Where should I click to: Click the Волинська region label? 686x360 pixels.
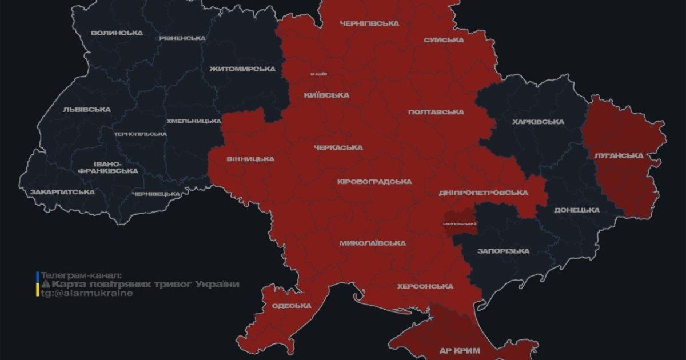117,33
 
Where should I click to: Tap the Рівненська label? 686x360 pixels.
181,38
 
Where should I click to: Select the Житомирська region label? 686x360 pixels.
242,69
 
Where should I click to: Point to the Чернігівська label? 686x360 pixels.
369,23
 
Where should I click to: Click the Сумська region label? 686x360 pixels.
443,40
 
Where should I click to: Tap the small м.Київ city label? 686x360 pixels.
318,74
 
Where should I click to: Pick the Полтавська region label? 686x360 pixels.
436,112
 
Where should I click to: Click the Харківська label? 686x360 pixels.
538,122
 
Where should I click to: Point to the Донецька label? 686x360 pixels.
576,210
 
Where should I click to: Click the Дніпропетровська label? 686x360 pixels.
483,193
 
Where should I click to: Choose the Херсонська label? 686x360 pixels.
425,286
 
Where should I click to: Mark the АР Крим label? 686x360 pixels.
460,350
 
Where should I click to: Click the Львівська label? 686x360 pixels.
87,109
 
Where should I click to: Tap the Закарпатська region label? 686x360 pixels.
62,192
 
